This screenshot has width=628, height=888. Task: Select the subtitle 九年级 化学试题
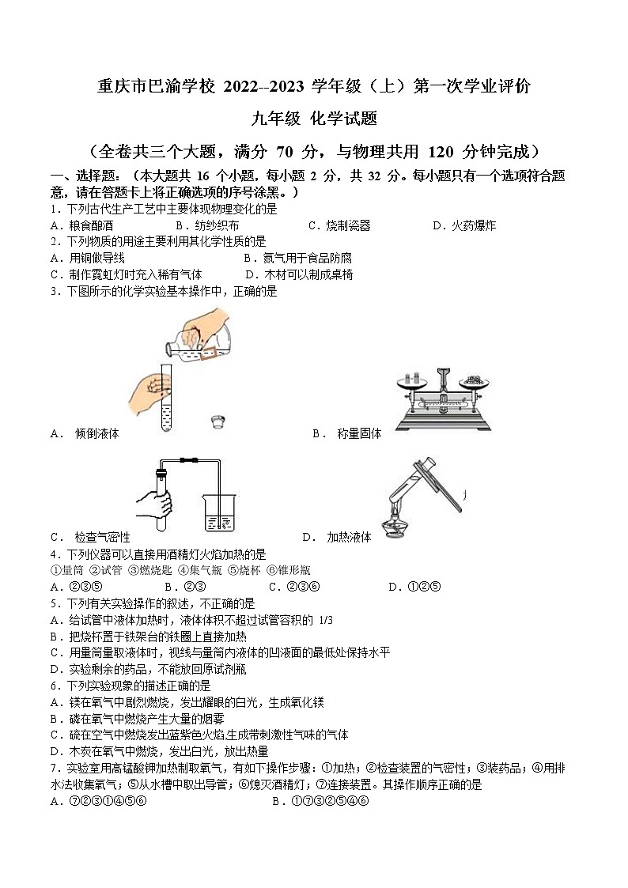click(x=313, y=119)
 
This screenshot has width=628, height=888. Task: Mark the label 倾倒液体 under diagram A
click(x=96, y=433)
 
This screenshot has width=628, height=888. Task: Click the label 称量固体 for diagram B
click(x=359, y=433)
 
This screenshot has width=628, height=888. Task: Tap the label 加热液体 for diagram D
click(x=349, y=537)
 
